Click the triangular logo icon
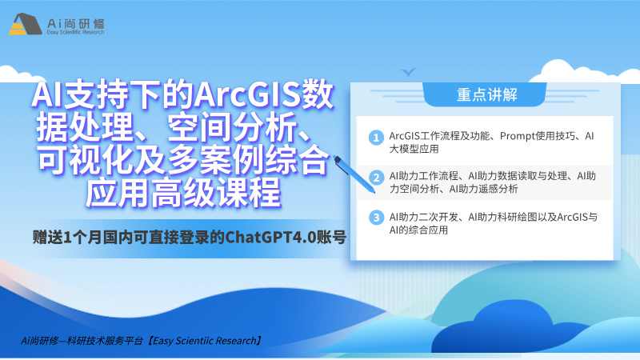click(x=25, y=24)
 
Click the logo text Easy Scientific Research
click(x=75, y=32)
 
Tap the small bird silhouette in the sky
click(x=408, y=72)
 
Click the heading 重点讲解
click(x=487, y=94)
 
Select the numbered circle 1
click(x=376, y=138)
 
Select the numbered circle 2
click(x=376, y=178)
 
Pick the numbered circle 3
click(x=376, y=218)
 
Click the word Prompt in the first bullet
click(x=517, y=136)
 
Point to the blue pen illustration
click(x=354, y=174)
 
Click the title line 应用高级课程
click(x=183, y=192)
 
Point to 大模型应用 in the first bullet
click(x=414, y=149)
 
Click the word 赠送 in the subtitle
click(x=48, y=237)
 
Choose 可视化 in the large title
click(x=86, y=161)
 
